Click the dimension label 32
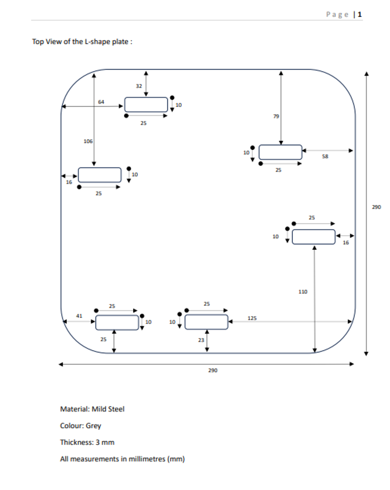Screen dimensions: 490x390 coord(139,86)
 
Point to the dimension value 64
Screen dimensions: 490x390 coord(101,102)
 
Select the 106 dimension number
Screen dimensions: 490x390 coord(88,141)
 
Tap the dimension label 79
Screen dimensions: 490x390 coord(276,116)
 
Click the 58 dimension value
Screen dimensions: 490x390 coord(325,157)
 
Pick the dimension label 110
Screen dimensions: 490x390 coord(303,292)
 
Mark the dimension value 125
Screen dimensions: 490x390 coord(252,318)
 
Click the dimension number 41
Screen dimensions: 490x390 coord(79,316)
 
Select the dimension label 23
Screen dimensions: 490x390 coord(201,340)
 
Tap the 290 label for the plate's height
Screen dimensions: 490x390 coord(376,207)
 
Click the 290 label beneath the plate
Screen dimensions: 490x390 coord(213,370)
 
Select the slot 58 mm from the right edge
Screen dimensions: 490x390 coord(280,152)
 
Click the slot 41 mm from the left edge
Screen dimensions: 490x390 coord(117,322)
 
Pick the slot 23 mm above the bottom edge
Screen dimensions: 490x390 coord(206,322)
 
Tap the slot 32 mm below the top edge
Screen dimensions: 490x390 coord(146,104)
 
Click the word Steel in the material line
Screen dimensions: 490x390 coord(116,409)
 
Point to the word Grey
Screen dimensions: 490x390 coord(93,426)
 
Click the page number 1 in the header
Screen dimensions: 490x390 coord(360,14)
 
